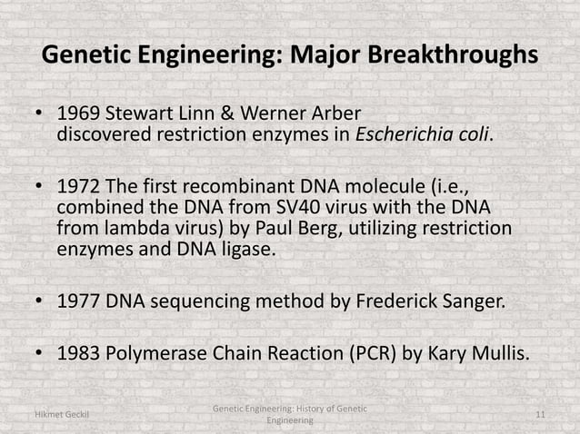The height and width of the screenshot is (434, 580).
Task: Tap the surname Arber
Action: coord(335,115)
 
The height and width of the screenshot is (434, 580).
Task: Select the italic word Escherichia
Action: coord(404,136)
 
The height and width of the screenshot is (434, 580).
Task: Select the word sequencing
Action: coord(191,301)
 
